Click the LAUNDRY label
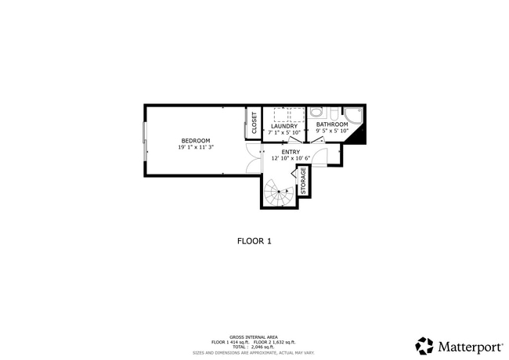click(x=283, y=126)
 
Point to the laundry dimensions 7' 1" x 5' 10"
click(x=283, y=133)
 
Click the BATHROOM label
click(x=331, y=124)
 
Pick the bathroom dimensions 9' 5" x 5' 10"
click(x=331, y=131)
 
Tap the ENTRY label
click(x=291, y=152)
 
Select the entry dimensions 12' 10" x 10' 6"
click(x=291, y=159)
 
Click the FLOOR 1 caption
click(x=254, y=241)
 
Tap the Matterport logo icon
click(x=424, y=345)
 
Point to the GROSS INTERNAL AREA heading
click(x=254, y=337)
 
